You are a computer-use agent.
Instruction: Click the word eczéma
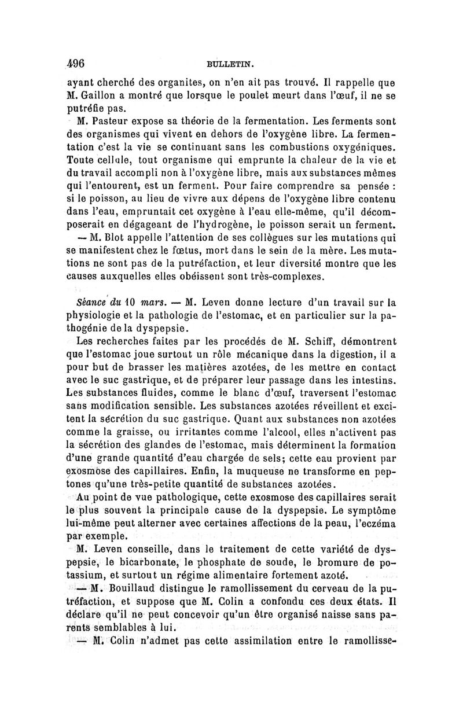click(x=376, y=523)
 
